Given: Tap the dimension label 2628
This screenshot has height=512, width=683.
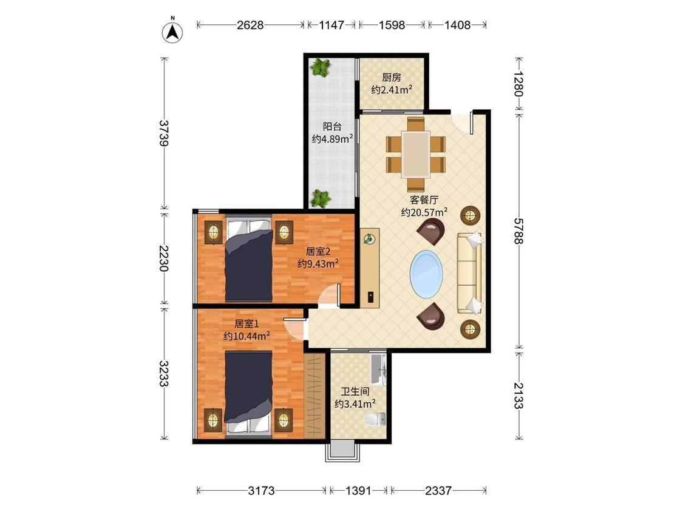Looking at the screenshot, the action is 250,25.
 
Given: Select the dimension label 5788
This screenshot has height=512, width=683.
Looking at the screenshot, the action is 517,231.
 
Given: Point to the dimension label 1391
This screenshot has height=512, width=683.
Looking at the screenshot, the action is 358,491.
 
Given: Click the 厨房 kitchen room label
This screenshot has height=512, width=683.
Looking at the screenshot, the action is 391,78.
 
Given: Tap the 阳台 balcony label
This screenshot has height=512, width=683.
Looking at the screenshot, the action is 332,127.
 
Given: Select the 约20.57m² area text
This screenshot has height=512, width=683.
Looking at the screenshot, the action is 424,212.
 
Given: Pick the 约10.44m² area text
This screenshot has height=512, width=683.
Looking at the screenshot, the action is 246,335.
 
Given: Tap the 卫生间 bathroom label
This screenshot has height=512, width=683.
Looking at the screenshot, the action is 355,391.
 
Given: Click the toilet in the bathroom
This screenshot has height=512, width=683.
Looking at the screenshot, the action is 374,419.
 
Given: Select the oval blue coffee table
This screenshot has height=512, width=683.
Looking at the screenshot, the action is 426,274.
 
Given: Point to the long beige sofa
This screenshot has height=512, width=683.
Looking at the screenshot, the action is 469,272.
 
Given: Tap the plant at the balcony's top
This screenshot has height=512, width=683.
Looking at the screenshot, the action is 321,67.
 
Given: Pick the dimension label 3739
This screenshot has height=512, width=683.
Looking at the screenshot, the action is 163,132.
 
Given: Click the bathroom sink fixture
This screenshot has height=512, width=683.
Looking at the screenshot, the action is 378,370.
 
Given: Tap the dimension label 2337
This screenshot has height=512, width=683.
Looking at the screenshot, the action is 438,491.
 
